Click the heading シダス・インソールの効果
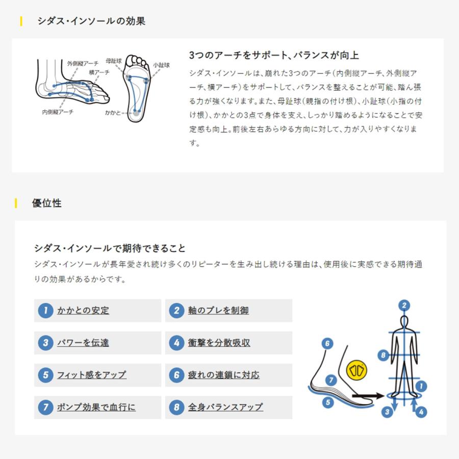tap(91, 21)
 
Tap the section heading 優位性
tap(46, 203)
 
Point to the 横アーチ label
tap(99, 73)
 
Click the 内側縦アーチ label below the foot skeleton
tap(57, 112)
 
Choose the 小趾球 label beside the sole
tap(161, 66)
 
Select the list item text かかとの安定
tap(83, 311)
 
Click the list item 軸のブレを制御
tap(218, 311)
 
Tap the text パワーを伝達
tap(83, 343)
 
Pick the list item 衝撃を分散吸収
tap(219, 343)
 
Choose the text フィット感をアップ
tap(91, 375)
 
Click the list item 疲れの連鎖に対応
tap(223, 375)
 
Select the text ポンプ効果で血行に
tap(96, 407)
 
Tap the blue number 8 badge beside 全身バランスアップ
tap(176, 407)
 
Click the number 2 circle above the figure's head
tap(404, 305)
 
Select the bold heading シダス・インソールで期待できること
tap(110, 248)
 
